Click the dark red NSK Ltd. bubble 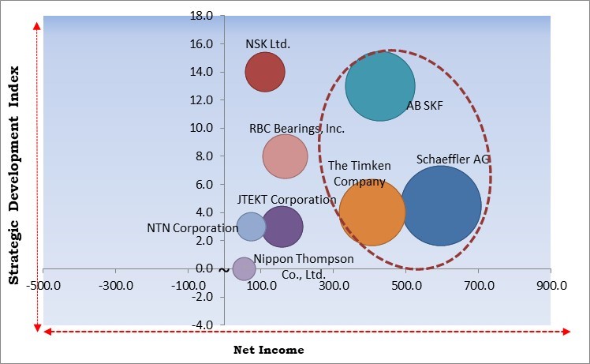pos(264,72)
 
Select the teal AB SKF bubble pos(380,87)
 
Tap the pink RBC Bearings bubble pos(285,156)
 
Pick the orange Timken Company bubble pos(372,212)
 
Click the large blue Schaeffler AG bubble pos(441,205)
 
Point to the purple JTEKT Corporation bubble pos(282,227)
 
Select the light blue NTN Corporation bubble pos(252,227)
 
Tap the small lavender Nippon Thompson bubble pos(245,269)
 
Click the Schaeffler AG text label pos(454,159)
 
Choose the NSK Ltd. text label pos(268,44)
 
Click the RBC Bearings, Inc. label pos(297,128)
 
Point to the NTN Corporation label pos(192,228)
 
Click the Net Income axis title pos(268,350)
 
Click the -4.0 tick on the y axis pos(202,325)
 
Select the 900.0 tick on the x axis pos(550,284)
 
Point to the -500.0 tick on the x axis pos(44,284)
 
